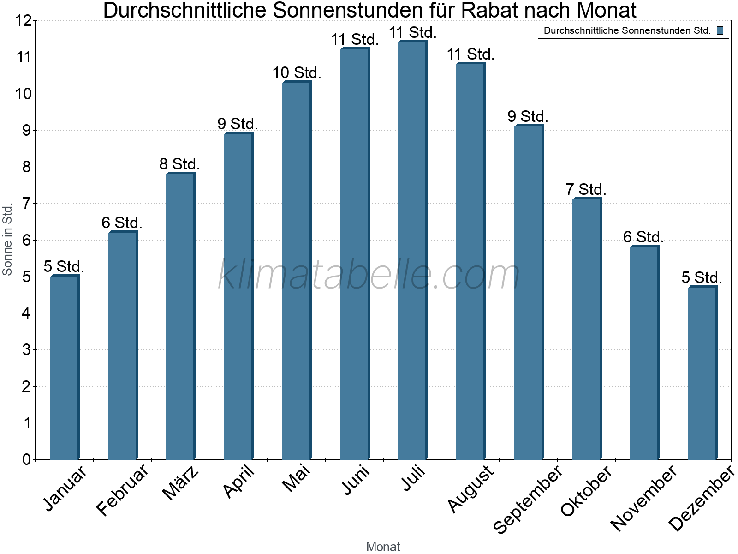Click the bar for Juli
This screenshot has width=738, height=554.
coord(412,250)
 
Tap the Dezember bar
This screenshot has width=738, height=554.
coord(702,373)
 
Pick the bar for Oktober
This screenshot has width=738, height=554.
coord(586,329)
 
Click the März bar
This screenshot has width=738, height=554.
coord(180,316)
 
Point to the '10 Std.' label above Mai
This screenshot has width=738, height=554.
coord(297,73)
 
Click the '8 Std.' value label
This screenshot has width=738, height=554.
coord(179,164)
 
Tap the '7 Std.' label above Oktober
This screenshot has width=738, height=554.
coord(586,190)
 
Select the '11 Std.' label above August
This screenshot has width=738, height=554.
coord(470,54)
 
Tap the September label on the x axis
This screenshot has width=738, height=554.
coord(529,499)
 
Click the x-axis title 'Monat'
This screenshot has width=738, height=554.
coord(383,547)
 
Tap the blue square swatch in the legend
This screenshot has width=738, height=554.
coord(720,31)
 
